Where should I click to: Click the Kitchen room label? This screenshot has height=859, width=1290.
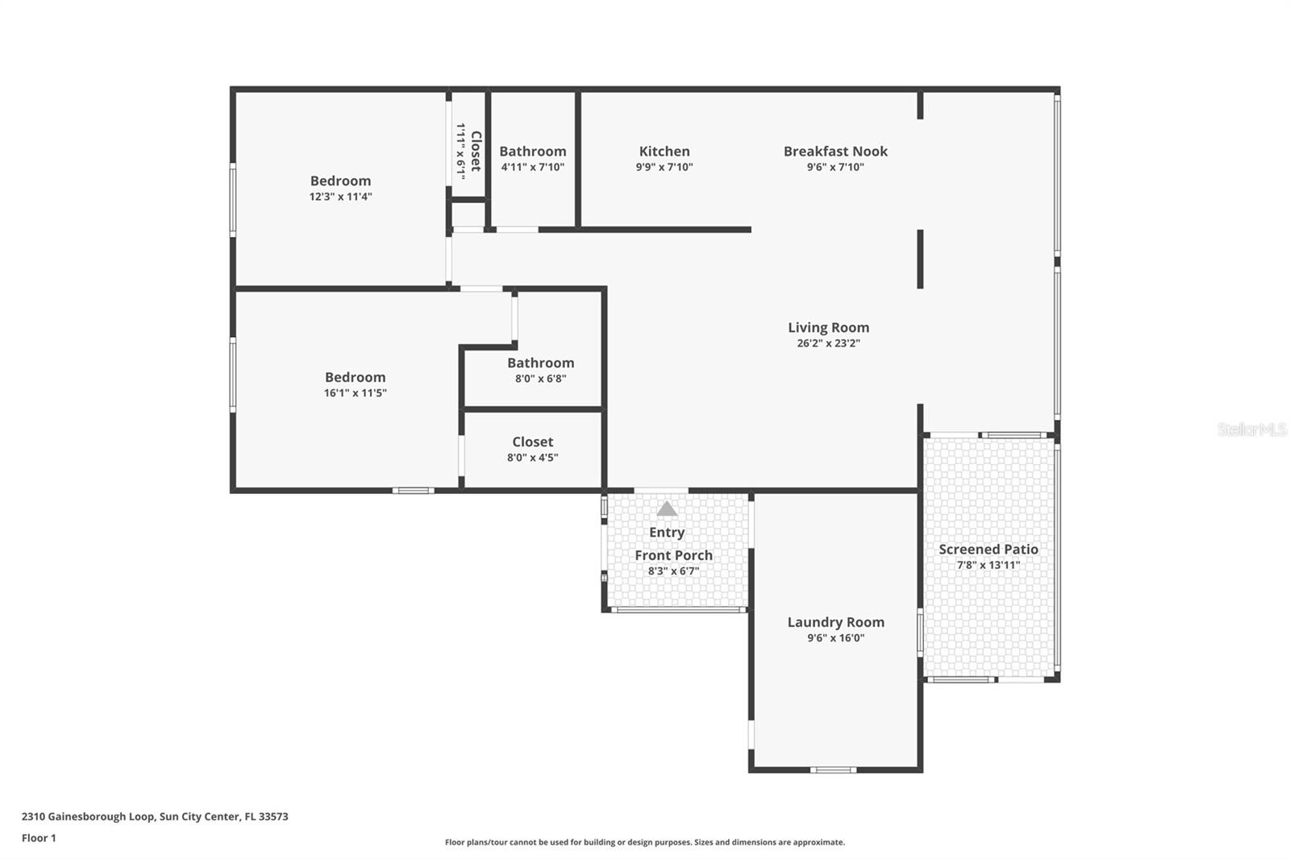coord(664,151)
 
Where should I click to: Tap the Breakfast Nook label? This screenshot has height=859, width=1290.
coord(835,151)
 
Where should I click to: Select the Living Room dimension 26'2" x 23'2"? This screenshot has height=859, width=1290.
coord(828,343)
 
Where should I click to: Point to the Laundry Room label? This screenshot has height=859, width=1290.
coord(835,622)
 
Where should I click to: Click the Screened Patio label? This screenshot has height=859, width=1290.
coord(988,550)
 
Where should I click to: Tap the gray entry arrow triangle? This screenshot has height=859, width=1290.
coord(667,508)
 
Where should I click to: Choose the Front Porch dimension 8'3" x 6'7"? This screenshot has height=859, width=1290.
coord(673,571)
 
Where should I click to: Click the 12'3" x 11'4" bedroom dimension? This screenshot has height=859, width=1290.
coord(340,197)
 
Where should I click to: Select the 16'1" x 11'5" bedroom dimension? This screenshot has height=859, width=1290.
coord(355,392)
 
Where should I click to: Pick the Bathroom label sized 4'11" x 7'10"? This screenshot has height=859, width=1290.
coord(533,151)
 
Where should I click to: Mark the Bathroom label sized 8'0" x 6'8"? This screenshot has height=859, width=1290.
coord(540,363)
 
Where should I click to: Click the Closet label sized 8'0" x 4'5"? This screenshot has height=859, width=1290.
coord(532,442)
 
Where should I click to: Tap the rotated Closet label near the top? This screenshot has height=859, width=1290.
coord(476,151)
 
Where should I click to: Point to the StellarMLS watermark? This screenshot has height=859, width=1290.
coord(1252,429)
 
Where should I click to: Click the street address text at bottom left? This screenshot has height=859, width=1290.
coord(155,816)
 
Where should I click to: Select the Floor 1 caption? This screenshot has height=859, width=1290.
coord(39,838)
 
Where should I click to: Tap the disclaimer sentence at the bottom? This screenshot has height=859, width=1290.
coord(644,842)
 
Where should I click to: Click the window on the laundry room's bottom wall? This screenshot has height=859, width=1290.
coord(833,770)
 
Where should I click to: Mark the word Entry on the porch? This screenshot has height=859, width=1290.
coord(666,533)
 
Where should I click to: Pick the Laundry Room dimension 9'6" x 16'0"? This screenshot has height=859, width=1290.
coord(835,638)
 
